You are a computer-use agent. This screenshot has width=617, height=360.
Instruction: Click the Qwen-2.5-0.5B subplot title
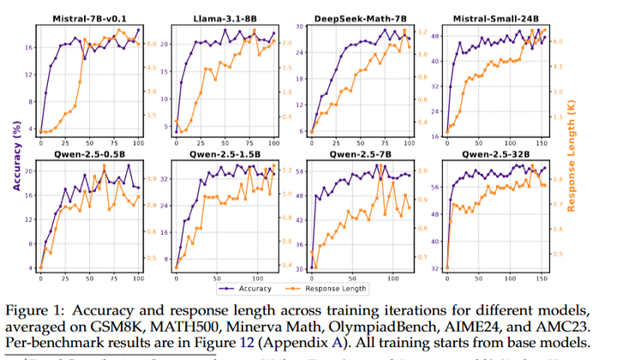click(89, 156)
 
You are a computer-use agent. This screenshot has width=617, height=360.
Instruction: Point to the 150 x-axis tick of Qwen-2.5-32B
click(541, 279)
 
